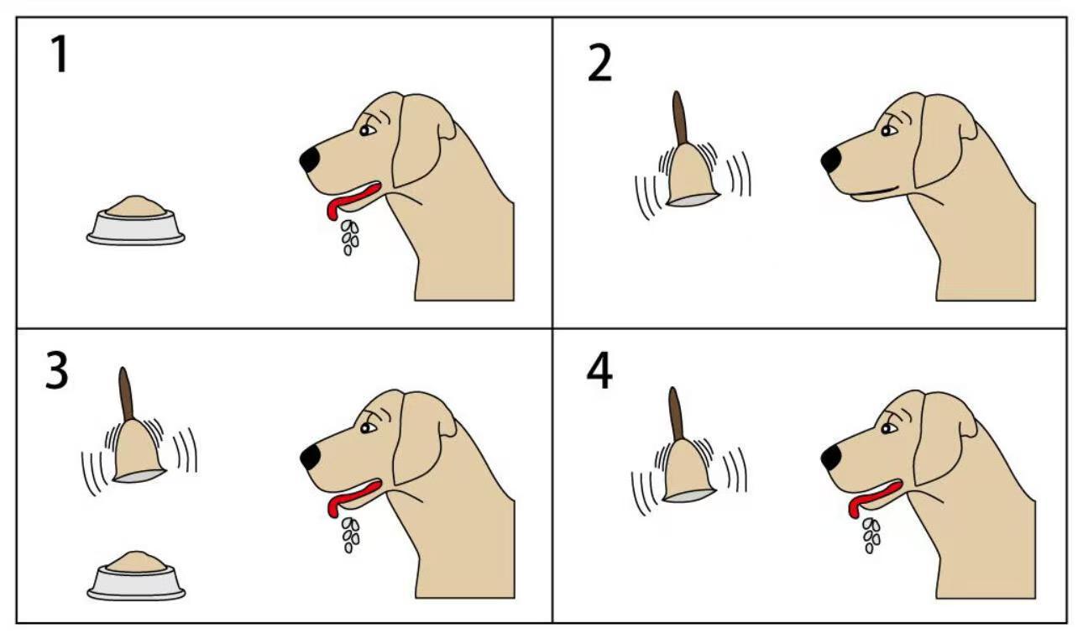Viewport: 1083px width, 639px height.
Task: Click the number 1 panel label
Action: point(60,55)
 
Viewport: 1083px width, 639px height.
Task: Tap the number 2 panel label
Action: point(599,63)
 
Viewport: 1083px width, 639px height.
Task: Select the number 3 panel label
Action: point(57,370)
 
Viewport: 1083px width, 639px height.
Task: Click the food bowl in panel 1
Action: point(135,221)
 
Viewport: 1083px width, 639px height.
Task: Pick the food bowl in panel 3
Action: point(136,576)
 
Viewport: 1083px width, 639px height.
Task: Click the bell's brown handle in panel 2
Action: point(680,118)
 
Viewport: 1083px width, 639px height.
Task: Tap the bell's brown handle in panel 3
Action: point(126,394)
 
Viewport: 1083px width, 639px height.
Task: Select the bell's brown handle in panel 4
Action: point(677,414)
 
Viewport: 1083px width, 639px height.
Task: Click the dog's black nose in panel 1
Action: point(310,160)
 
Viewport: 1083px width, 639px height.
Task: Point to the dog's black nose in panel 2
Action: point(831,160)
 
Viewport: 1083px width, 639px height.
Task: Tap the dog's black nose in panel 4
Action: point(831,458)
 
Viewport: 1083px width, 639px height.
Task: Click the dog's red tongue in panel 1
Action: point(352,198)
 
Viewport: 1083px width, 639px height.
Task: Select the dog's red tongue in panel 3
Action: point(353,496)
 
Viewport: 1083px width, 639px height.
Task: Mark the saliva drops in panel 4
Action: point(871,535)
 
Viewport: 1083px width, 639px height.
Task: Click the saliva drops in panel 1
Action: point(350,238)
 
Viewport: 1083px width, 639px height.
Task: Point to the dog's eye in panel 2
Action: point(888,131)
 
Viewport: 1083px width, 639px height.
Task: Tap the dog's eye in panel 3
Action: point(368,428)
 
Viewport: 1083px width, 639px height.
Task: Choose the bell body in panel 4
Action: point(688,472)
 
